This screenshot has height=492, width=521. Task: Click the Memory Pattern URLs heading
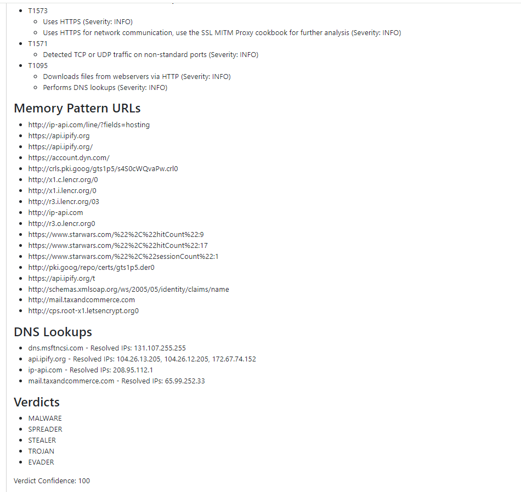tap(77, 108)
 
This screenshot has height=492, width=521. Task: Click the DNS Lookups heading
tap(53, 332)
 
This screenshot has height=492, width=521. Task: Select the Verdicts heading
tap(37, 402)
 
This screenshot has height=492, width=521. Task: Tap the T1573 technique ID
tap(38, 11)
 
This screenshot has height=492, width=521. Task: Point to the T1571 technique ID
tap(38, 44)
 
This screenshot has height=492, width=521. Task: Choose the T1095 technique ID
tap(38, 66)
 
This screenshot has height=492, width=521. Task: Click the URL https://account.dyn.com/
tap(69, 158)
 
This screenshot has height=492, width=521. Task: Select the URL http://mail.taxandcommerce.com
tap(81, 300)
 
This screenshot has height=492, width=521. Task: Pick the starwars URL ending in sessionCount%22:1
tap(123, 257)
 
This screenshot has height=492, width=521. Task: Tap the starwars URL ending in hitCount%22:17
tap(118, 246)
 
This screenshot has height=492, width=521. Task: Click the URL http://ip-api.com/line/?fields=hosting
tap(89, 125)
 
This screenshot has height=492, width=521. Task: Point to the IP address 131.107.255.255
tap(160, 348)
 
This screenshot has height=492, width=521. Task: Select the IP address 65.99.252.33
tap(185, 381)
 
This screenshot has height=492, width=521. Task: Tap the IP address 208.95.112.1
tap(133, 370)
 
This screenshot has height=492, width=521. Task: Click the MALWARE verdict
tap(45, 419)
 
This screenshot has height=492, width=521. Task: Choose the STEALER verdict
tap(42, 440)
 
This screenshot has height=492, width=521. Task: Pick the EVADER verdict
tap(41, 462)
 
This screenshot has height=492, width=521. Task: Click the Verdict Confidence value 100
tap(84, 480)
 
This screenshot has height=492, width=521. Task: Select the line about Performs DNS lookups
tap(105, 88)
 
